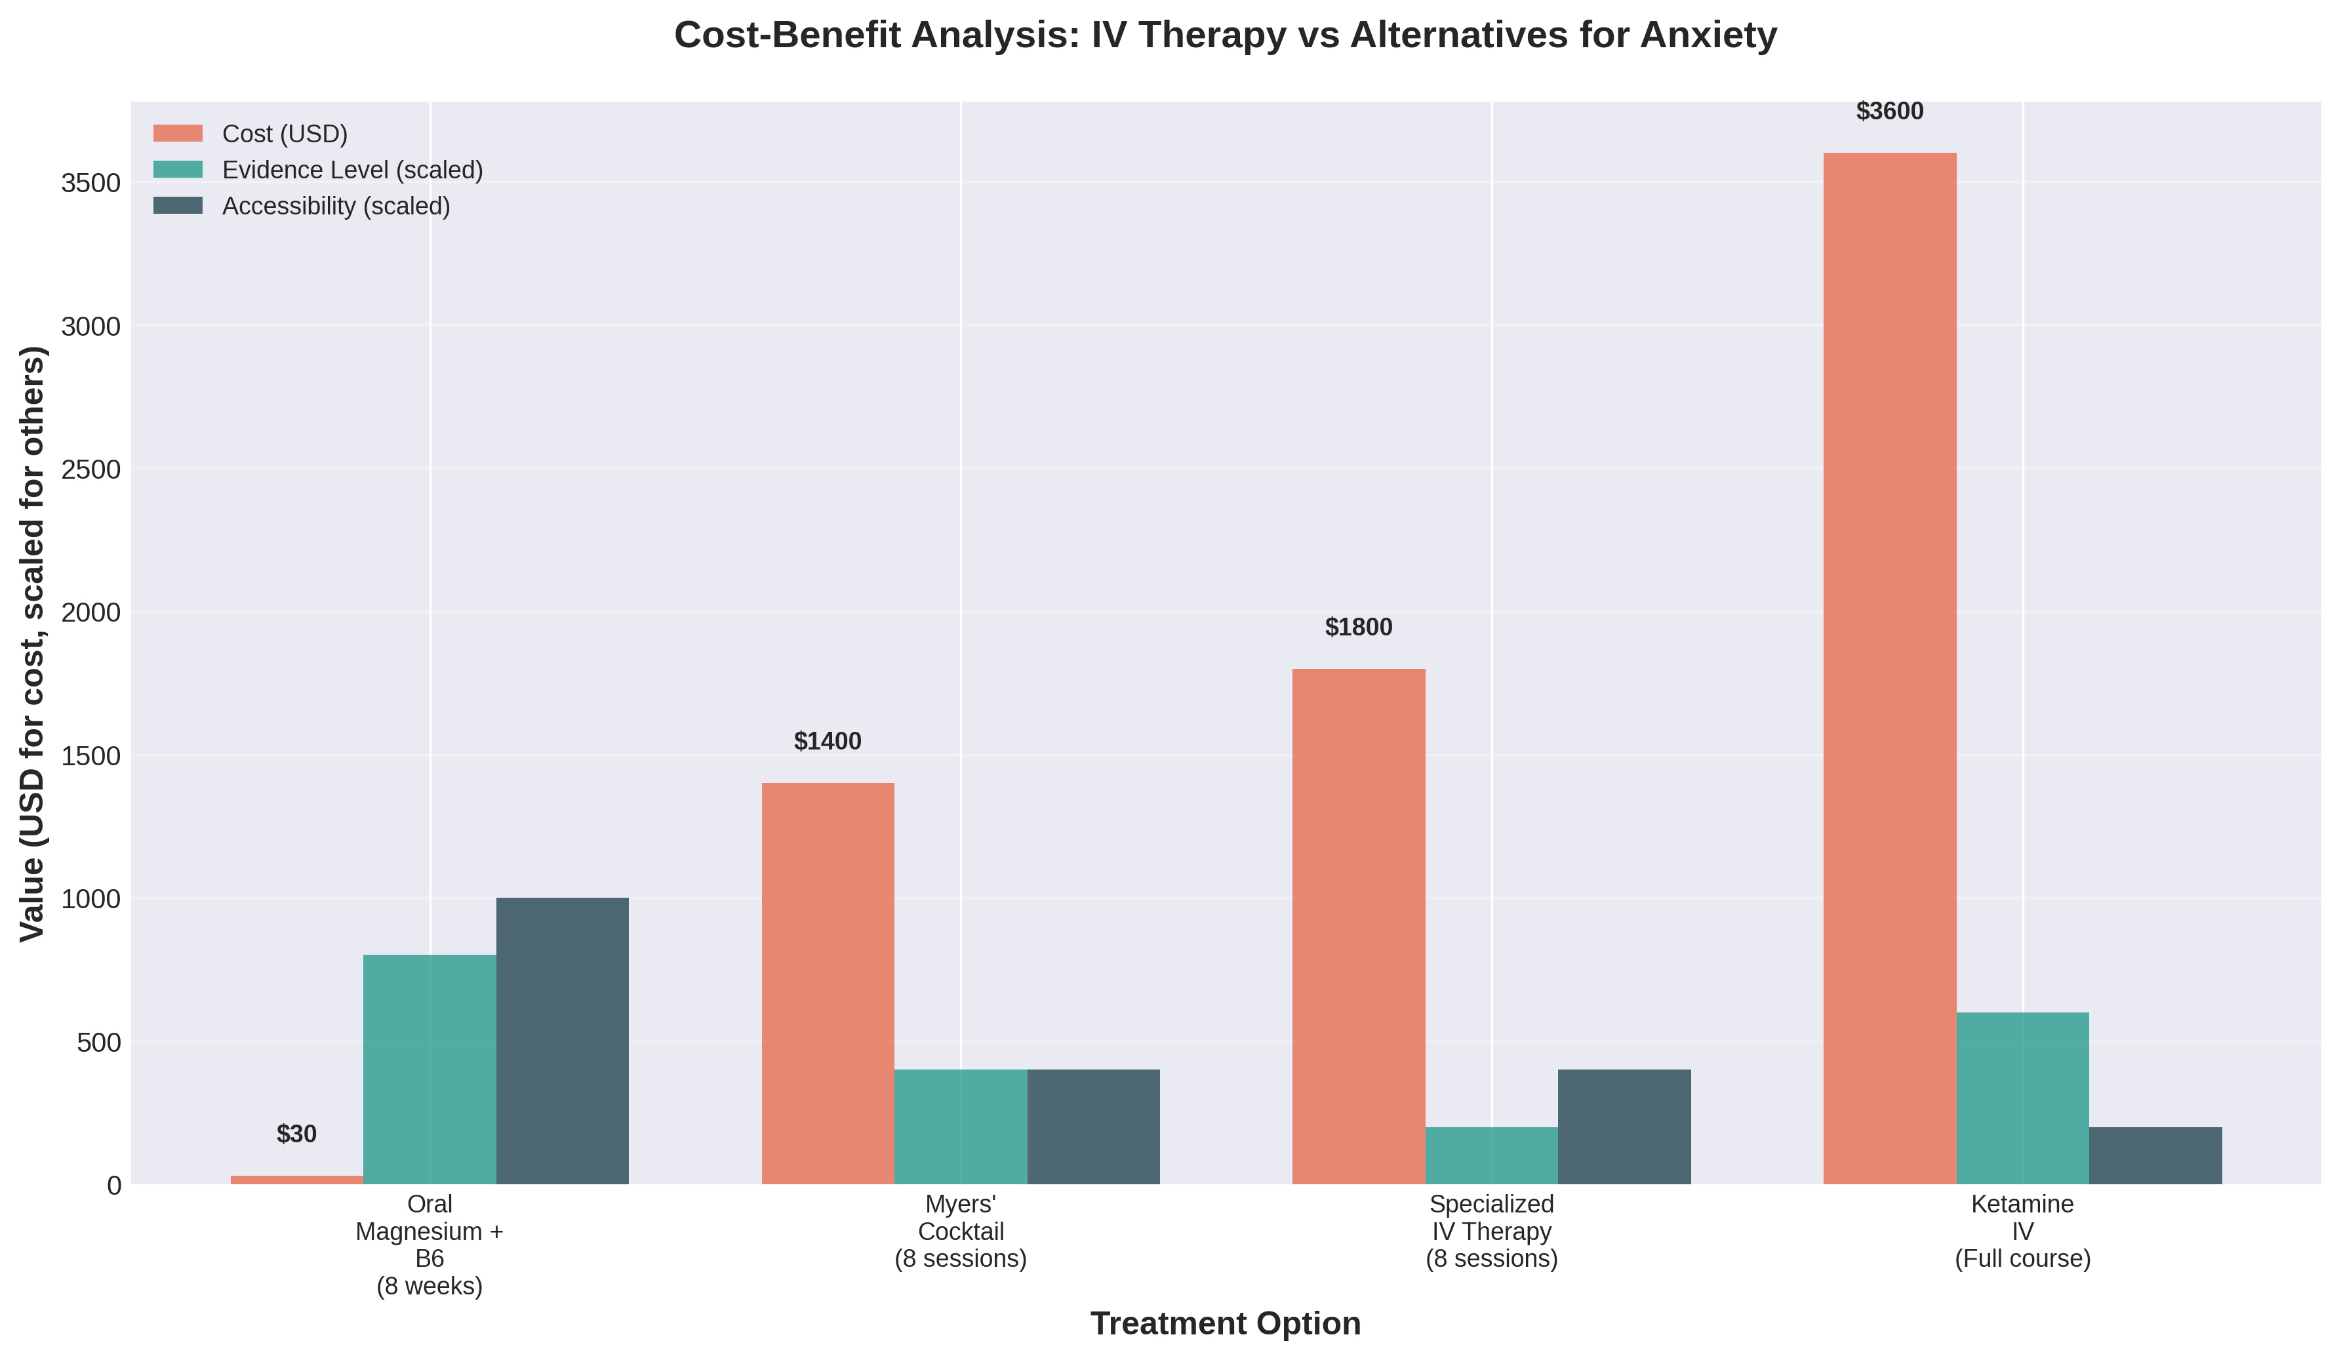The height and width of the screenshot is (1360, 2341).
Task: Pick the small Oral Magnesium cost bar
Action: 296,1180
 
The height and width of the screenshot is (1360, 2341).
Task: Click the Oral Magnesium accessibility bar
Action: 562,1041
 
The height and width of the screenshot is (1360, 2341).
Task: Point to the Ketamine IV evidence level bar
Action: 2022,1098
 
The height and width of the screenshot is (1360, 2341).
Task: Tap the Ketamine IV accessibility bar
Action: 2155,1155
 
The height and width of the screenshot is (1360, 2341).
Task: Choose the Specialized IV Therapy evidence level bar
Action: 1491,1155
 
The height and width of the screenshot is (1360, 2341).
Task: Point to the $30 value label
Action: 296,1134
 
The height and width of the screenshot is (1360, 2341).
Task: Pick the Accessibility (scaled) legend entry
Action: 335,206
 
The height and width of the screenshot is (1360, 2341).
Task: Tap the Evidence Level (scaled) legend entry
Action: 352,170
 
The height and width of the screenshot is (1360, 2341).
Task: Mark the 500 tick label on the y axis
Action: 98,1043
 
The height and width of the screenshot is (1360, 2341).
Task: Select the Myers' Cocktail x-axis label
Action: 961,1231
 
